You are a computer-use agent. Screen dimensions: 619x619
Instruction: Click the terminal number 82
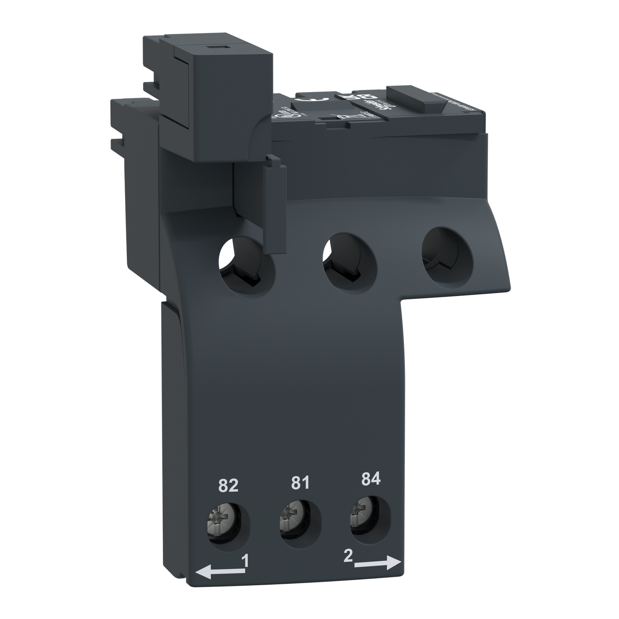coord(228,486)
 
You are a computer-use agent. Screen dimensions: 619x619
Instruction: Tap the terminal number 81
coord(300,483)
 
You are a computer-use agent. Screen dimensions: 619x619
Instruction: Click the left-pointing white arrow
coord(218,571)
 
